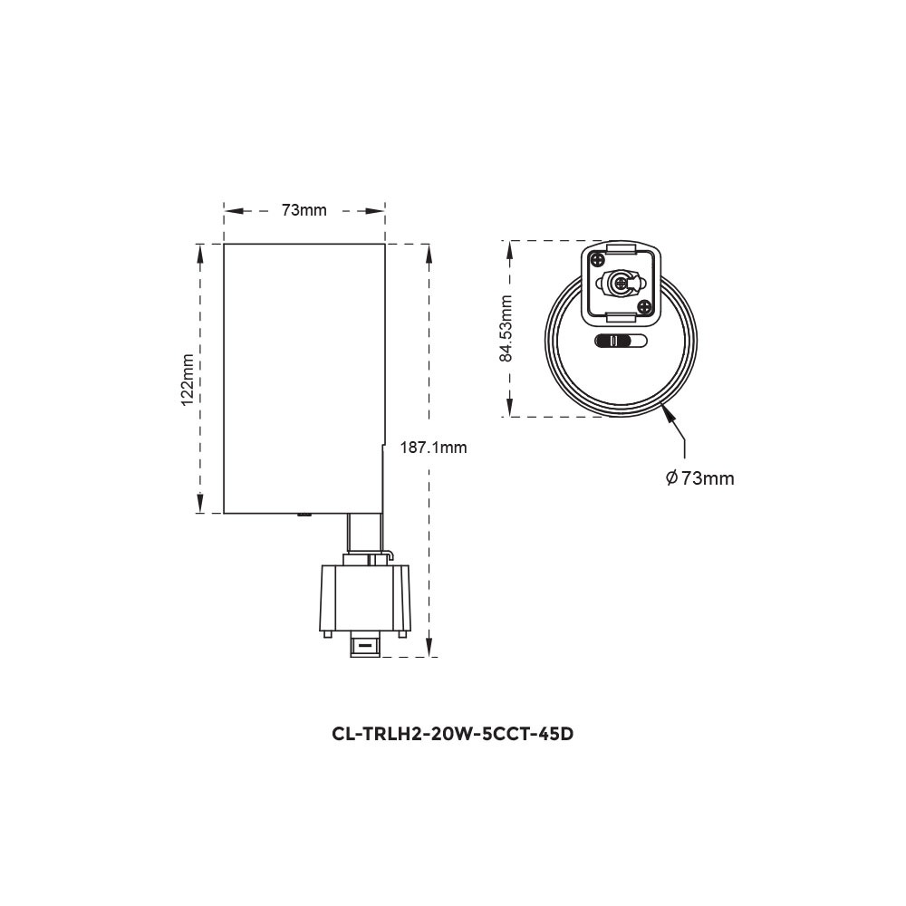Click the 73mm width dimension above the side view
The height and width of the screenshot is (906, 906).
pyautogui.click(x=304, y=211)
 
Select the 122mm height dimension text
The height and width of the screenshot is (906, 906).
pyautogui.click(x=188, y=380)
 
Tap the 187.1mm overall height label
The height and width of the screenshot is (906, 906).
pyautogui.click(x=435, y=448)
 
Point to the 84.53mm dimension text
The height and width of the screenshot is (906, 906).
pyautogui.click(x=506, y=328)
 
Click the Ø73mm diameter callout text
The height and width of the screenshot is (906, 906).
pyautogui.click(x=699, y=478)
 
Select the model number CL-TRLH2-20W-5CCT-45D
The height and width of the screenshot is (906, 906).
pyautogui.click(x=453, y=734)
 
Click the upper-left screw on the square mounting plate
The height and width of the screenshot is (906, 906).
pyautogui.click(x=599, y=260)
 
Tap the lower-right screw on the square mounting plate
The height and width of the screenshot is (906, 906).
pyautogui.click(x=644, y=307)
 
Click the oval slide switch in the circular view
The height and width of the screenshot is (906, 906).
pyautogui.click(x=622, y=342)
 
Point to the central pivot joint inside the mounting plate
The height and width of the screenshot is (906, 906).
pyautogui.click(x=621, y=284)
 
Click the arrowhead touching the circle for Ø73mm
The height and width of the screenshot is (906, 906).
pyautogui.click(x=669, y=413)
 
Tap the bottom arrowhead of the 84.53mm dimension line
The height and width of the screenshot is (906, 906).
pyautogui.click(x=510, y=409)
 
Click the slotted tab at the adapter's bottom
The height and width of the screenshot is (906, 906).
pyautogui.click(x=365, y=645)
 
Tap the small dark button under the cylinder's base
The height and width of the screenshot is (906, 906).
pyautogui.click(x=304, y=516)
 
